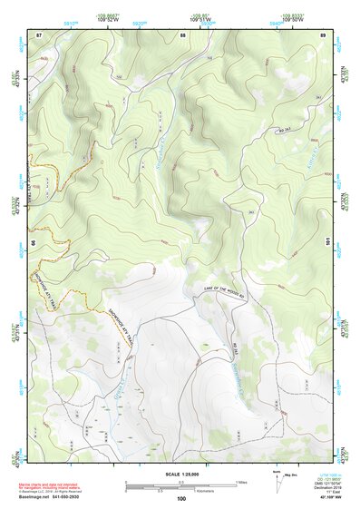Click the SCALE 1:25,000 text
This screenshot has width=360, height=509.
click(x=182, y=473)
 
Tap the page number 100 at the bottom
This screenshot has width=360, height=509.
click(x=181, y=499)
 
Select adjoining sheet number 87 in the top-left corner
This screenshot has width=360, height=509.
click(x=39, y=34)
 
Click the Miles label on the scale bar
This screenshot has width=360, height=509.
click(x=240, y=481)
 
